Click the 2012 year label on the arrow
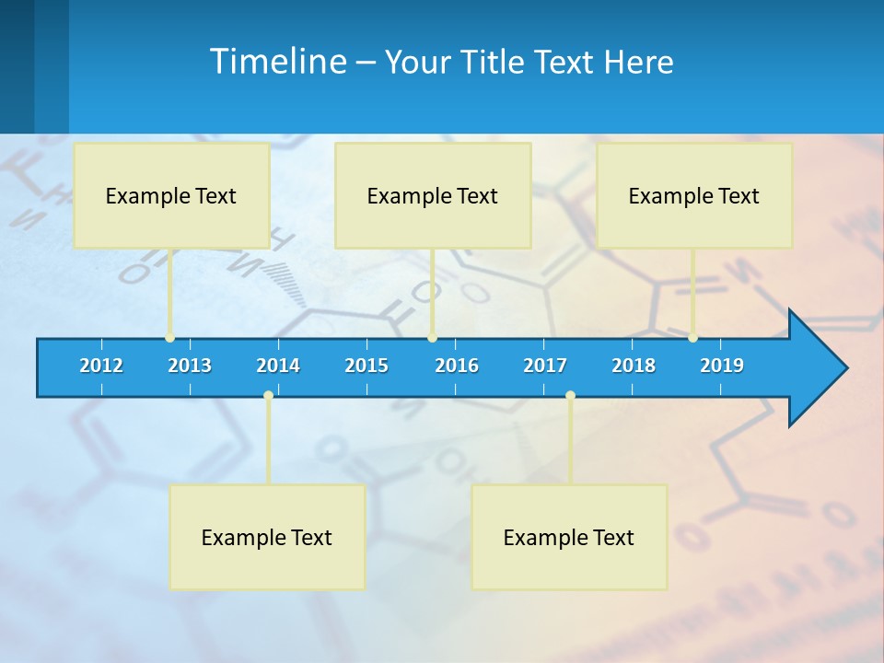tap(101, 366)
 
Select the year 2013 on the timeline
tap(190, 366)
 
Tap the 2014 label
tap(278, 366)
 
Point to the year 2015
tap(366, 366)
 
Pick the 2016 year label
tap(457, 366)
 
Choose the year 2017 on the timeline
tap(545, 366)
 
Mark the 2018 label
tap(634, 366)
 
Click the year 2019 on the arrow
tap(722, 366)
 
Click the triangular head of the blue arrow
tap(816, 368)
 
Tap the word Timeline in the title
tap(277, 61)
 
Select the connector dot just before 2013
tap(170, 338)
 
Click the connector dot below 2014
tap(268, 395)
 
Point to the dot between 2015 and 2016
tap(432, 338)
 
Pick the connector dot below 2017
tap(570, 395)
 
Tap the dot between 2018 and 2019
tap(692, 338)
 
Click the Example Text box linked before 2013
tap(171, 195)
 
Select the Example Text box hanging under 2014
tap(267, 537)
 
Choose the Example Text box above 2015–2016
tap(433, 195)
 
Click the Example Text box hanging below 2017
tap(569, 537)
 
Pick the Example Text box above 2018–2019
tap(694, 195)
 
